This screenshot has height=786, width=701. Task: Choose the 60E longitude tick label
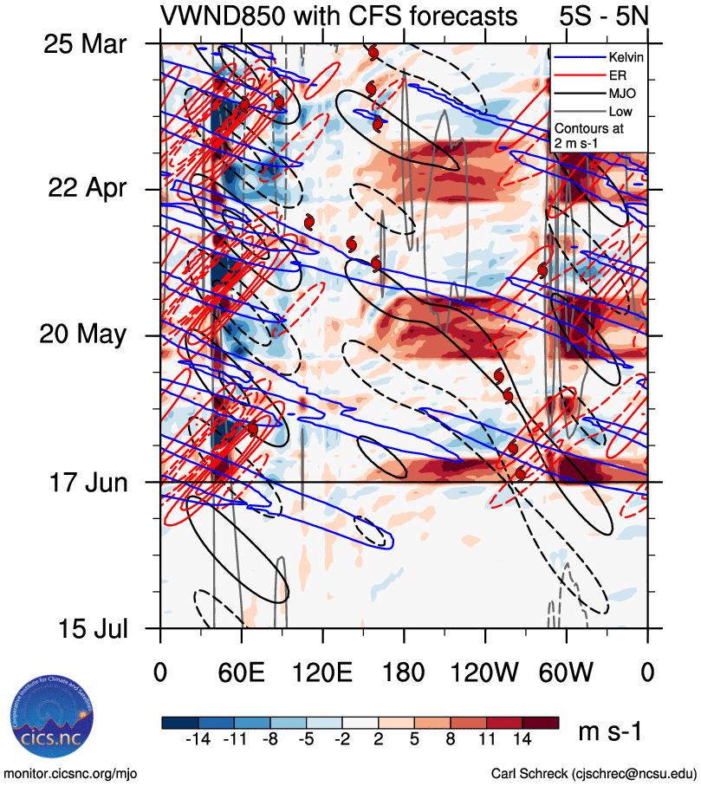pos(242,671)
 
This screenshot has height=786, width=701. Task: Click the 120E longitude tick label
pos(322,671)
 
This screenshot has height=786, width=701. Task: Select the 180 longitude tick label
pos(404,671)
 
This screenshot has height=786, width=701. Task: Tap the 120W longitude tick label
pos(484,671)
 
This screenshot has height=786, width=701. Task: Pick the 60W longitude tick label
pos(566,671)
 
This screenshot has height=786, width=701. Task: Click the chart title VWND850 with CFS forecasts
pos(339,16)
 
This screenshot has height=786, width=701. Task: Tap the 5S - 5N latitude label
pos(607,16)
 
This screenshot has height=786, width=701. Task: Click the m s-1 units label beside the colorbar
pos(610,732)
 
